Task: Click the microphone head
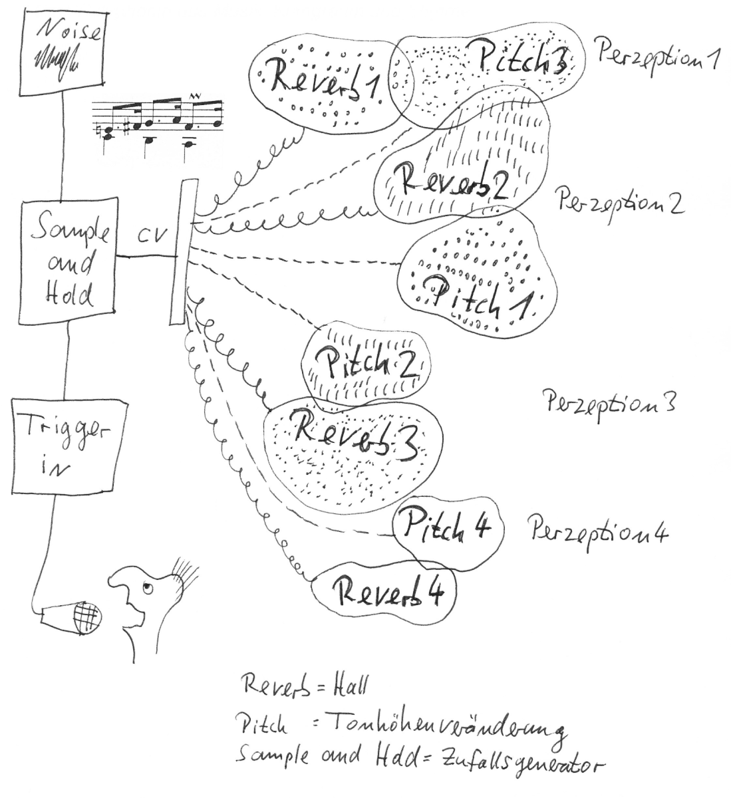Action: coord(88,617)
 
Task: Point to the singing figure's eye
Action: coord(148,587)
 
